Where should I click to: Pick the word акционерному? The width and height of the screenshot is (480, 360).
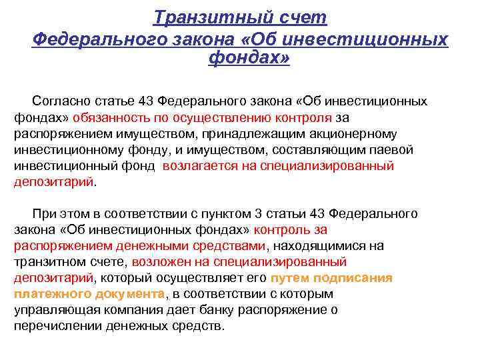click(341, 133)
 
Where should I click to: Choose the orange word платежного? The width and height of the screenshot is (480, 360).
click(47, 293)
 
